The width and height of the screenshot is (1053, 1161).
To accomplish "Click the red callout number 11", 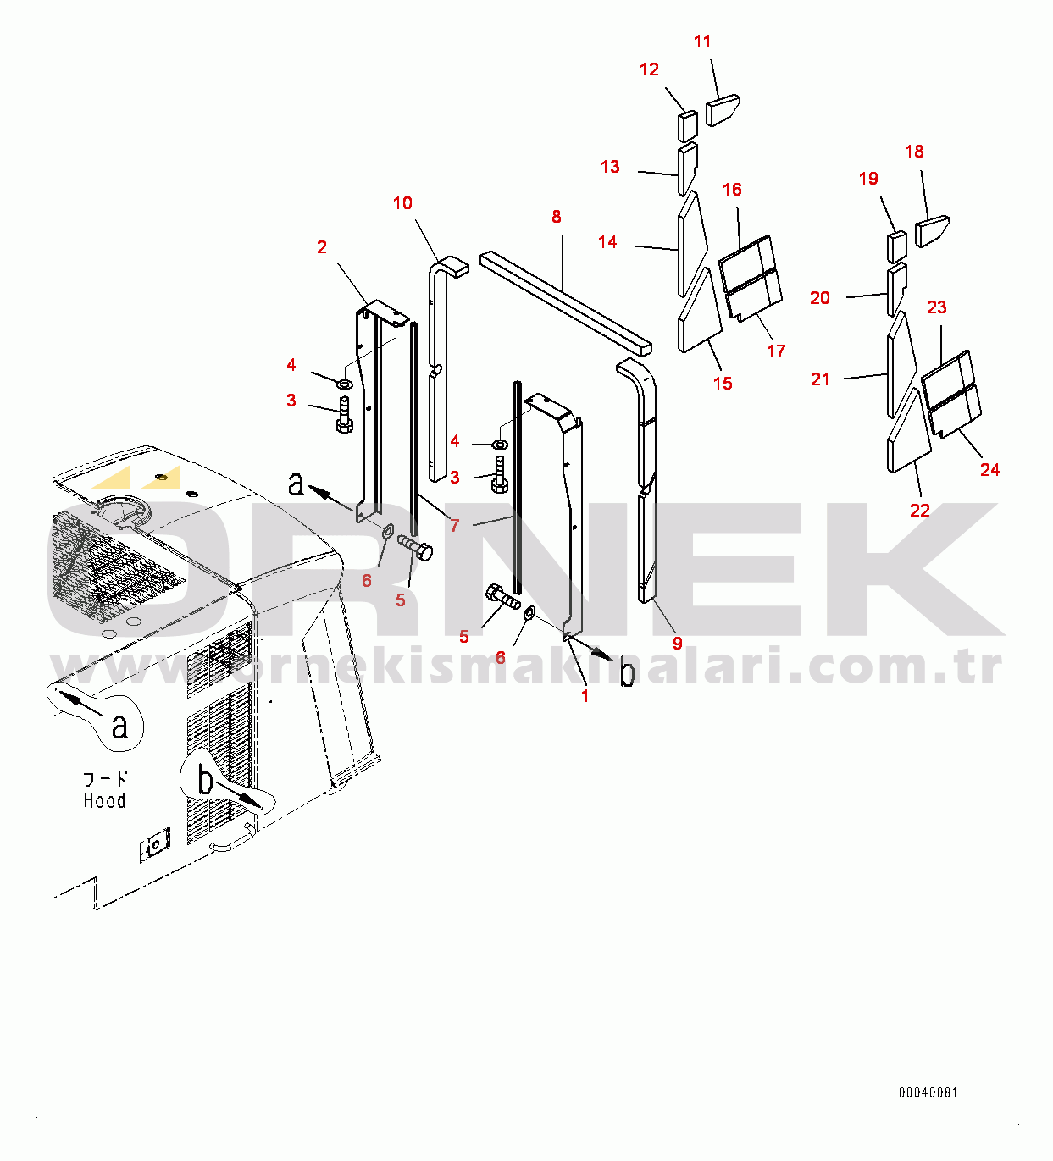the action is click(x=702, y=41).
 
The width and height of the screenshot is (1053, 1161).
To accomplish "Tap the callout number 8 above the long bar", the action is click(x=556, y=217).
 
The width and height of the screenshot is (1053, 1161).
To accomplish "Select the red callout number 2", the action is click(x=322, y=247).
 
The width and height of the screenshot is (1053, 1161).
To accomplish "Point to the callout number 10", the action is click(x=402, y=203).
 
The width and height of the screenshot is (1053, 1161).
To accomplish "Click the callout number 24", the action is click(x=989, y=469).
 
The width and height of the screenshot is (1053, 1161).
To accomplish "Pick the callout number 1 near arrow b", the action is click(x=585, y=696).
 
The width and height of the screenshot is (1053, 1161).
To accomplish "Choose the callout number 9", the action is click(x=677, y=643).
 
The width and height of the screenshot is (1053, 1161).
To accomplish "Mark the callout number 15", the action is click(x=723, y=383).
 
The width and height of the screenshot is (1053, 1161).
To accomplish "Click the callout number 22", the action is click(x=920, y=510).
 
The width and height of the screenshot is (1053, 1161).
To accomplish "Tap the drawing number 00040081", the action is click(x=928, y=1092).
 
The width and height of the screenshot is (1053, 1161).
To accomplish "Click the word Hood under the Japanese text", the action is click(x=104, y=800).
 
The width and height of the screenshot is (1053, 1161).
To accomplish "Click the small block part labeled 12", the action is click(x=688, y=126).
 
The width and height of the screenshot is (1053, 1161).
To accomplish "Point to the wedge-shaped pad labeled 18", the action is click(x=932, y=231).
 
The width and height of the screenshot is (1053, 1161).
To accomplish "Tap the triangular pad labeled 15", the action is click(x=700, y=311).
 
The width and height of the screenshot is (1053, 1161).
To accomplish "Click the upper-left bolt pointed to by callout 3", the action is click(x=345, y=415).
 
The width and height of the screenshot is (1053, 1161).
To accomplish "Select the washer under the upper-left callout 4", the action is click(x=345, y=384).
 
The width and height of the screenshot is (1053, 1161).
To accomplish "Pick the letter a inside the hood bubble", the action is click(x=119, y=727).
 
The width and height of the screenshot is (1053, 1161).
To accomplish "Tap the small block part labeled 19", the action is click(x=897, y=246).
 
